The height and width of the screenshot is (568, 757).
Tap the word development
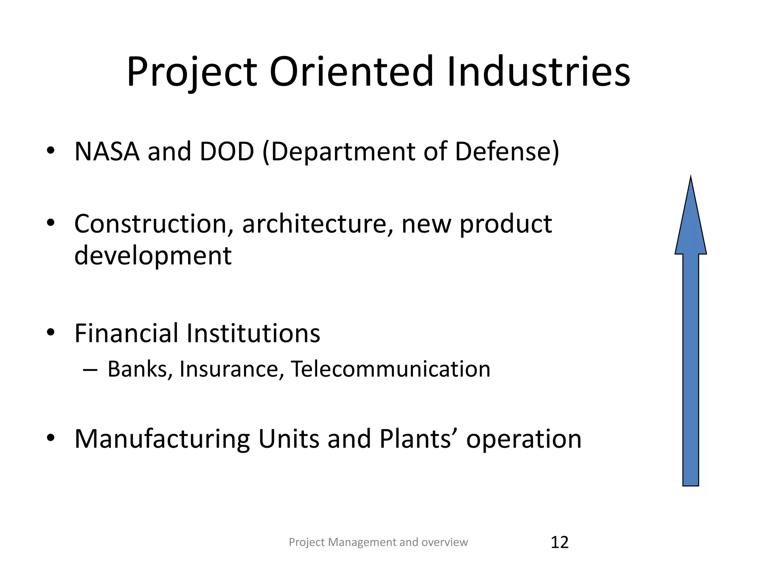[153, 256]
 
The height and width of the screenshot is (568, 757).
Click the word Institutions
[253, 333]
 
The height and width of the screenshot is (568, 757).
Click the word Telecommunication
[390, 369]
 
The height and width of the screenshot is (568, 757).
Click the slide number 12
[559, 542]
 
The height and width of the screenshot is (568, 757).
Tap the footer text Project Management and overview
[378, 542]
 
